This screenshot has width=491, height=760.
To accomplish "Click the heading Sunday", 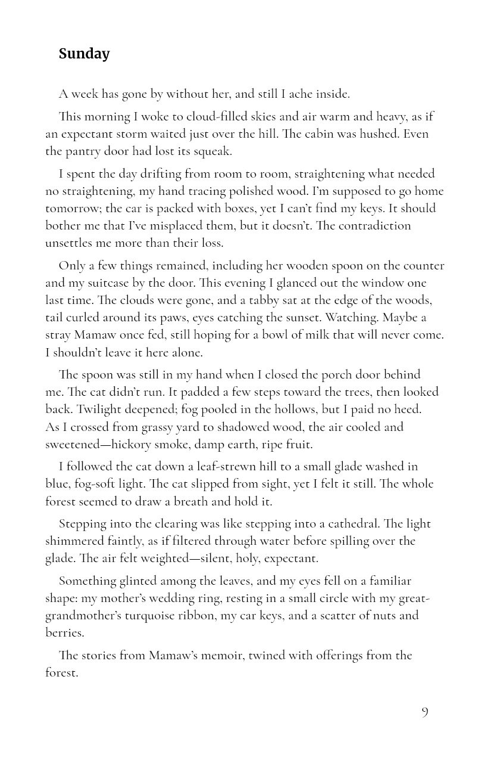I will [84, 54].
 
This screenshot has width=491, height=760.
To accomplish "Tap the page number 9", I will [424, 712].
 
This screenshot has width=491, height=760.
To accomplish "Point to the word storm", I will [193, 134].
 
